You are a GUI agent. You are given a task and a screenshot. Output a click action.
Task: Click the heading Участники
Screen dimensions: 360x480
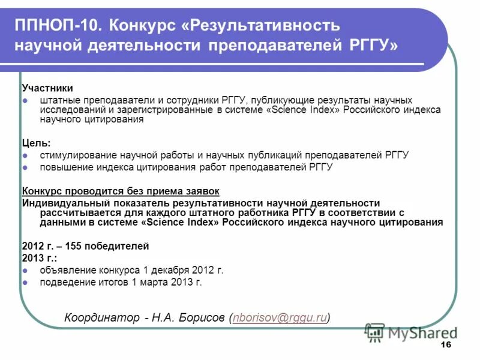click(x=47, y=88)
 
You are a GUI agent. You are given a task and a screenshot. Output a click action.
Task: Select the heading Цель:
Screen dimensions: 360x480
click(x=37, y=143)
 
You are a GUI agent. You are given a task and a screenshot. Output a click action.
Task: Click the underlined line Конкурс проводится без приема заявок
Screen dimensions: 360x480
click(x=121, y=191)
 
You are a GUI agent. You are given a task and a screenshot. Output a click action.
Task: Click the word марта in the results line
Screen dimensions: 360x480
click(x=155, y=282)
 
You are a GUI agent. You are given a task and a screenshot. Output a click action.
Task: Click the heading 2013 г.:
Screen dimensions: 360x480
click(x=40, y=258)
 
